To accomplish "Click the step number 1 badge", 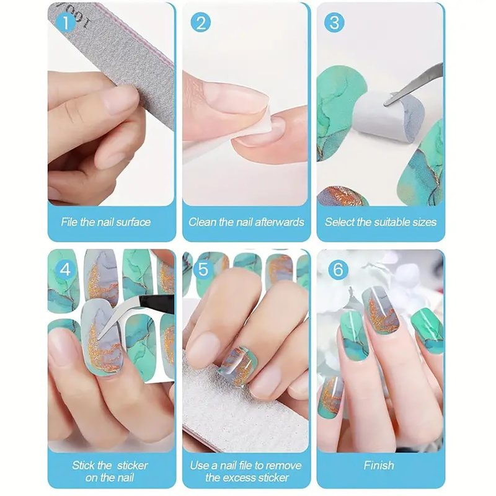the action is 66,23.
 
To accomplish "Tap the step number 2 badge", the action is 200,23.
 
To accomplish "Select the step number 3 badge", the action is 335,23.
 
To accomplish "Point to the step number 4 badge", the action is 66,270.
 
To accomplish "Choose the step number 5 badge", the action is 203,270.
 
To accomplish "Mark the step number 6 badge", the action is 338,270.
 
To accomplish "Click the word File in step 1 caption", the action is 69,222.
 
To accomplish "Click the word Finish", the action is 379,466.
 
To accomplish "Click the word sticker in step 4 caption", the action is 132,466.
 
